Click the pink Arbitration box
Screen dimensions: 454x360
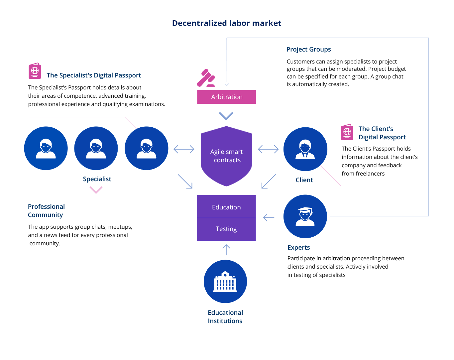[226, 97]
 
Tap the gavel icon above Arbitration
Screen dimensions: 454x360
[206, 78]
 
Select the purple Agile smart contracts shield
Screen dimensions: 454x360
[226, 156]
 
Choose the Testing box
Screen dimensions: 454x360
[226, 229]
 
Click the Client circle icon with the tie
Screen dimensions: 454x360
[305, 149]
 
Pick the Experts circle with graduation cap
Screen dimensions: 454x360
[305, 216]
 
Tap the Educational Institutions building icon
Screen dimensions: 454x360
[225, 282]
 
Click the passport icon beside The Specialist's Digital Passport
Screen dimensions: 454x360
[35, 71]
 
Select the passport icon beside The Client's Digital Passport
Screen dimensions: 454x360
[347, 132]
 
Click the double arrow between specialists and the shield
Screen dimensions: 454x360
[184, 149]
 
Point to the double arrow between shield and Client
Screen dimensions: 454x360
[268, 149]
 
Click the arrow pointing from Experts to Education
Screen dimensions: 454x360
[269, 217]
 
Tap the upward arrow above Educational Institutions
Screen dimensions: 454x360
[226, 250]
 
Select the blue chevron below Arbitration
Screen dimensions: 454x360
[226, 116]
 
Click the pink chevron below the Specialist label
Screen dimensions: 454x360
[96, 190]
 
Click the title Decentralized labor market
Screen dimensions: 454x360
[227, 23]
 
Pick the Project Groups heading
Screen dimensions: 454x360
[308, 50]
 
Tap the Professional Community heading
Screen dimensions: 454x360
[46, 211]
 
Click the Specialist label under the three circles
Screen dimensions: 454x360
[97, 179]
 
